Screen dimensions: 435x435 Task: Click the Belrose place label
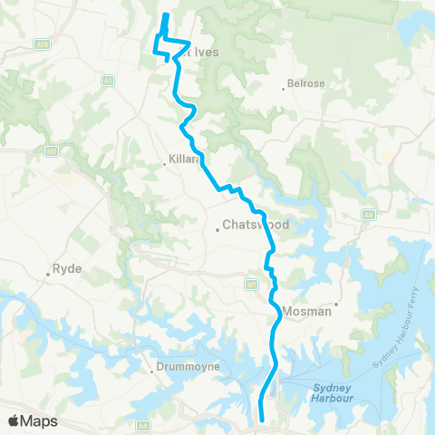[306, 83]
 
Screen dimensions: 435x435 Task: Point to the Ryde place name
[68, 269]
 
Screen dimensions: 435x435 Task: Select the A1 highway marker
[108, 81]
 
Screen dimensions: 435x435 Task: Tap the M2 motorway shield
[53, 150]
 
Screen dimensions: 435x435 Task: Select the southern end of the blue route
[263, 420]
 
